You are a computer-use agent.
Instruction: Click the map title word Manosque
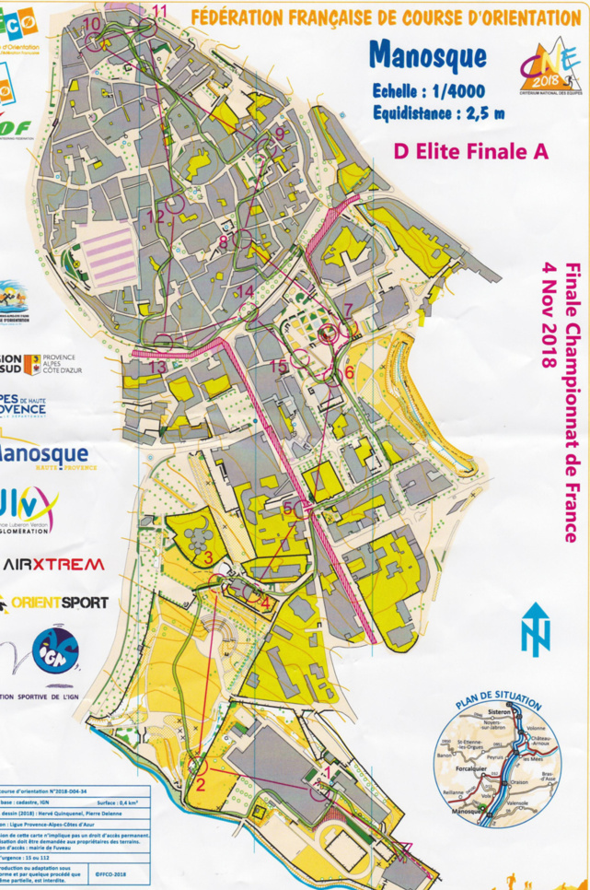(x=427, y=55)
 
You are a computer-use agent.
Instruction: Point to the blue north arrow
(x=535, y=629)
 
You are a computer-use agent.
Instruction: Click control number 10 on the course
(x=92, y=24)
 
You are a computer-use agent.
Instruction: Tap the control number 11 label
(x=160, y=11)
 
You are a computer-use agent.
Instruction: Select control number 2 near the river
(x=200, y=784)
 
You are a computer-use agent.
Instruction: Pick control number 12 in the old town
(x=156, y=217)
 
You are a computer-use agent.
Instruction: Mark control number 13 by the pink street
(x=157, y=368)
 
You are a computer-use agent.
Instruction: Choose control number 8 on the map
(x=224, y=241)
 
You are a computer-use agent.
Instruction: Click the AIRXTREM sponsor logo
(x=53, y=564)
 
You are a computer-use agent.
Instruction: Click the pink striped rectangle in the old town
(x=107, y=253)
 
